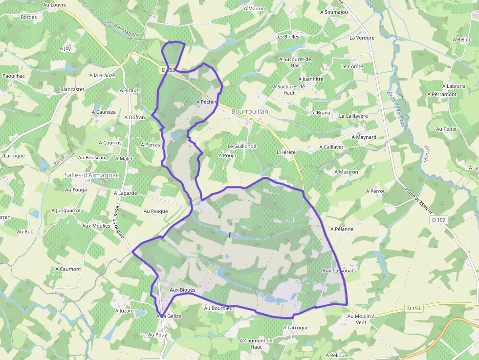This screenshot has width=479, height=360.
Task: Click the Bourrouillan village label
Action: [250, 112]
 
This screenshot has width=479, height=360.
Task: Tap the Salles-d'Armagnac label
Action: [92, 175]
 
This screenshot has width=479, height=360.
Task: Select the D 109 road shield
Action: [439, 220]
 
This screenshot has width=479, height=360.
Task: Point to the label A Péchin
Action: [206, 102]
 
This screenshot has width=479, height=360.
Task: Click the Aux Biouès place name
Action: [182, 290]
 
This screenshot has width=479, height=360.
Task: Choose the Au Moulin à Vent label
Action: [361, 319]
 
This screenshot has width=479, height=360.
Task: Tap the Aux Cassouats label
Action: [339, 270]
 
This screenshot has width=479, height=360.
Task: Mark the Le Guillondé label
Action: [242, 146]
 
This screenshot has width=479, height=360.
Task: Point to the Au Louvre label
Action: [55, 5]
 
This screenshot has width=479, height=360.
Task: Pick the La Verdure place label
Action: [362, 38]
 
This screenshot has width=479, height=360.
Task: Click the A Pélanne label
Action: [342, 229]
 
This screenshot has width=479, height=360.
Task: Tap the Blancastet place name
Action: [72, 89]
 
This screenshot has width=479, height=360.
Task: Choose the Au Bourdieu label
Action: [218, 308]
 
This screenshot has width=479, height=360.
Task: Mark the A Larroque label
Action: [296, 328]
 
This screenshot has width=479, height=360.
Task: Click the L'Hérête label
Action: [286, 152]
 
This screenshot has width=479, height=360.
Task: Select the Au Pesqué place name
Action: [155, 211]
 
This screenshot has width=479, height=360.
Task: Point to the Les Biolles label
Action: [287, 37]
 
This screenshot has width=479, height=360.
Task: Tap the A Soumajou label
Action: [334, 12]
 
